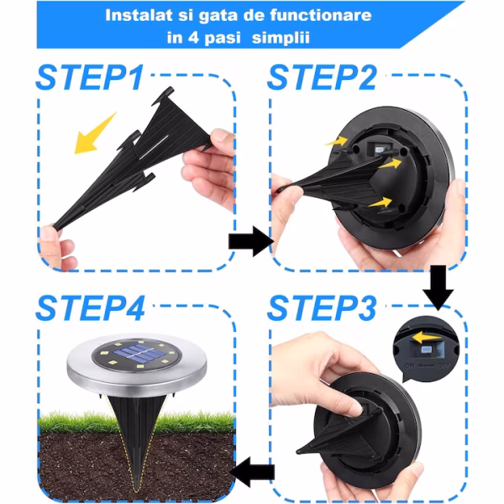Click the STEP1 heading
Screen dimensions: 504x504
(90, 77)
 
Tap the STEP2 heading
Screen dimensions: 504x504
(322, 77)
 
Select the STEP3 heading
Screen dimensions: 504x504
(322, 308)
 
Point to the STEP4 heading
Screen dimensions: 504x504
(91, 308)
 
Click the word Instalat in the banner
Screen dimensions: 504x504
(139, 15)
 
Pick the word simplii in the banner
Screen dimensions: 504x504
(281, 38)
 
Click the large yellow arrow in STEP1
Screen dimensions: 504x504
(94, 134)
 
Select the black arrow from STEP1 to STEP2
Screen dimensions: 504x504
(250, 241)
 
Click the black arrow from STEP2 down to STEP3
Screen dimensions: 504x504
(438, 287)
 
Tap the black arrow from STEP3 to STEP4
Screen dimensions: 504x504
(253, 472)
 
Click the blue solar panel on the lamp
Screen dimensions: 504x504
(139, 353)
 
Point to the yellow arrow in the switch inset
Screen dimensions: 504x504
(426, 337)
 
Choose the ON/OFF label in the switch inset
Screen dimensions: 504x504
(427, 365)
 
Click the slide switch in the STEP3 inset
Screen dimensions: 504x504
(428, 349)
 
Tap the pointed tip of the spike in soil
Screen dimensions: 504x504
(137, 491)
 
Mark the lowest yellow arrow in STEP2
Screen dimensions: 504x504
(380, 202)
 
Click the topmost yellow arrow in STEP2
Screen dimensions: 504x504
(336, 141)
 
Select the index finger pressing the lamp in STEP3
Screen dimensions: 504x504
(338, 397)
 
